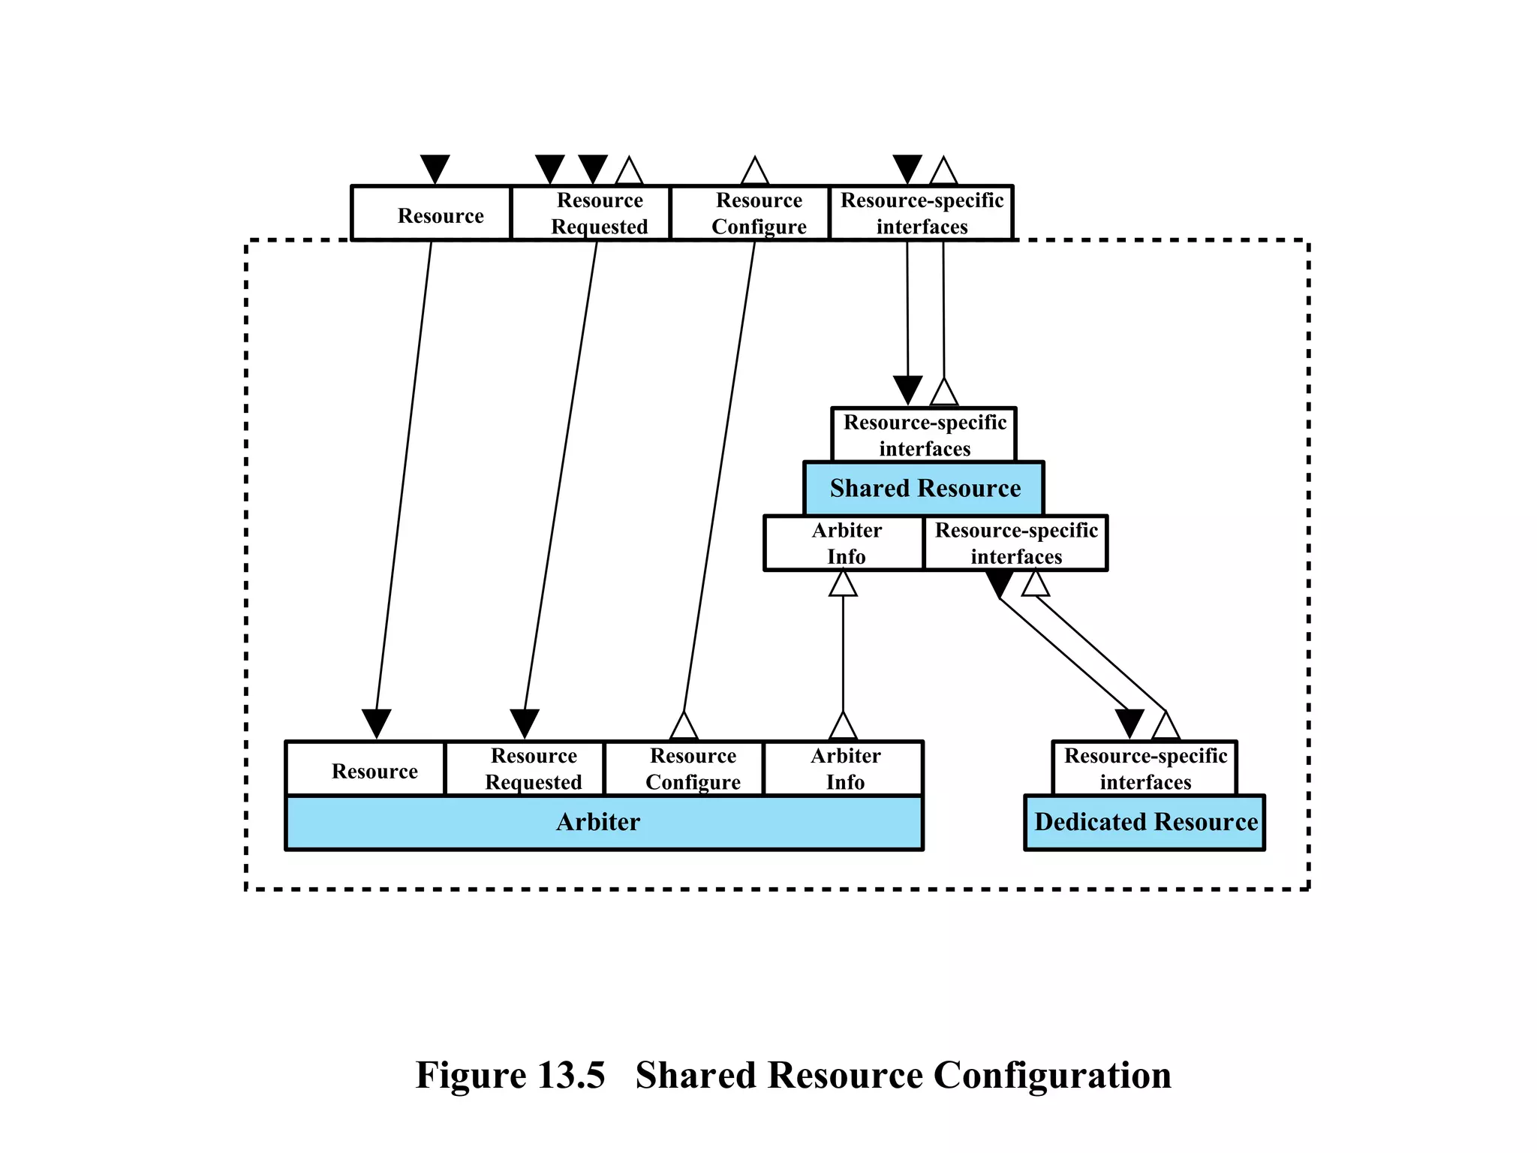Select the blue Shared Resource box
[x=924, y=489]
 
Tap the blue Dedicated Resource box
[x=1144, y=822]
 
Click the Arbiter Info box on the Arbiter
[x=844, y=769]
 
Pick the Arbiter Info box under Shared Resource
[x=844, y=543]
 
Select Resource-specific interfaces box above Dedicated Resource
[x=1144, y=769]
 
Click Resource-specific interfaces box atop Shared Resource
[x=924, y=435]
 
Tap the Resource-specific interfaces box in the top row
[x=922, y=213]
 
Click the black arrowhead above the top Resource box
[x=435, y=167]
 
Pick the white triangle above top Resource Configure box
[x=754, y=173]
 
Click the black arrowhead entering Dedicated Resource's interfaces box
[x=1129, y=722]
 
